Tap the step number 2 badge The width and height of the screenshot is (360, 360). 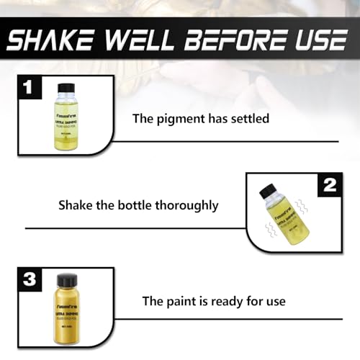[329, 185]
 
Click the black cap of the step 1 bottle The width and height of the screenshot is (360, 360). [66, 88]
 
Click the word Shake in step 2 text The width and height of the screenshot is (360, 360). [75, 204]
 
